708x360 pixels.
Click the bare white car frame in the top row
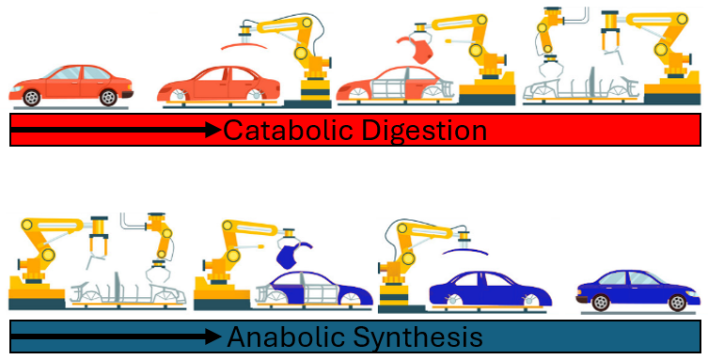(x=583, y=81)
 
